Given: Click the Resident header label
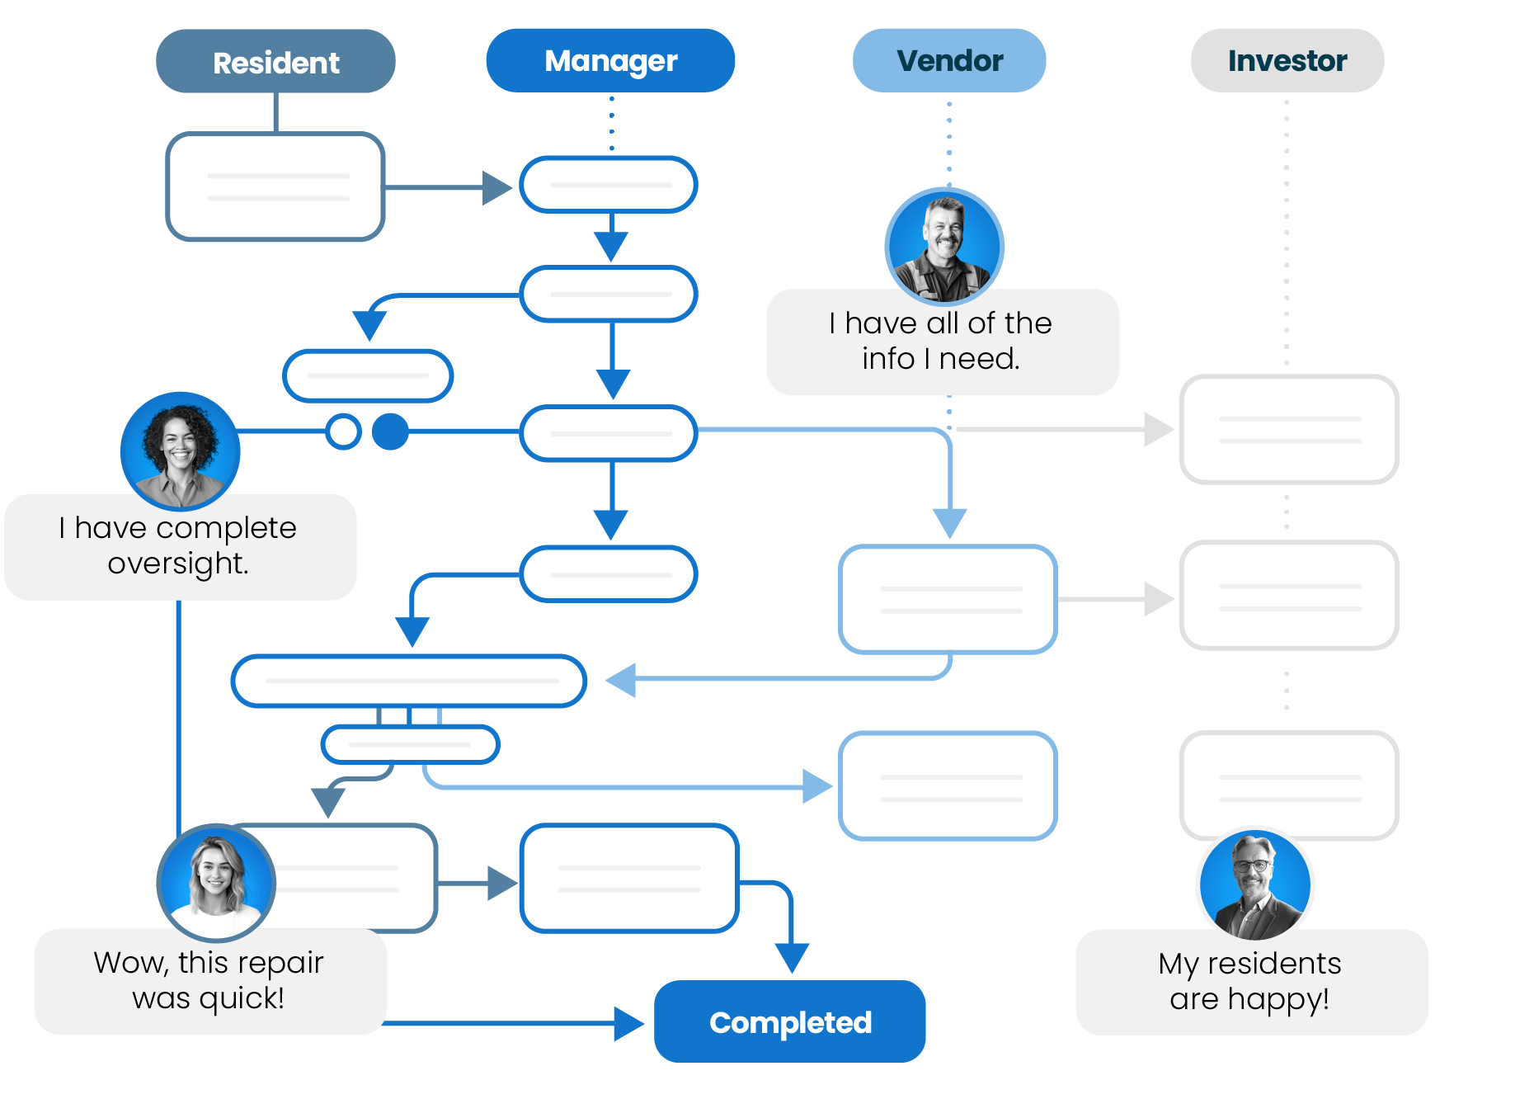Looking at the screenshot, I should point(275,64).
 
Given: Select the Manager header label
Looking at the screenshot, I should point(610,61).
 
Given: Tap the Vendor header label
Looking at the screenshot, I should point(949,61).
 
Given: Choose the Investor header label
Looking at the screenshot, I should point(1287,61).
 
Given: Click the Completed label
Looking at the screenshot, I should point(790,1023).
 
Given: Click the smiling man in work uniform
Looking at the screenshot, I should point(943,246).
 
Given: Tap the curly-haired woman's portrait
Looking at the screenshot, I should point(178,450).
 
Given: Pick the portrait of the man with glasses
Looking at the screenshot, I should point(1254,884).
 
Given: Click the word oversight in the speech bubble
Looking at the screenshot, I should point(177,564).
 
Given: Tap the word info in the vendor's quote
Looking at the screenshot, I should point(888,359).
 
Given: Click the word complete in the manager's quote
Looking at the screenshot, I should point(226,528).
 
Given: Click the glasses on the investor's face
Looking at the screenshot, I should point(1251,866).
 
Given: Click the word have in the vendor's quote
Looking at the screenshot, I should point(882,323).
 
